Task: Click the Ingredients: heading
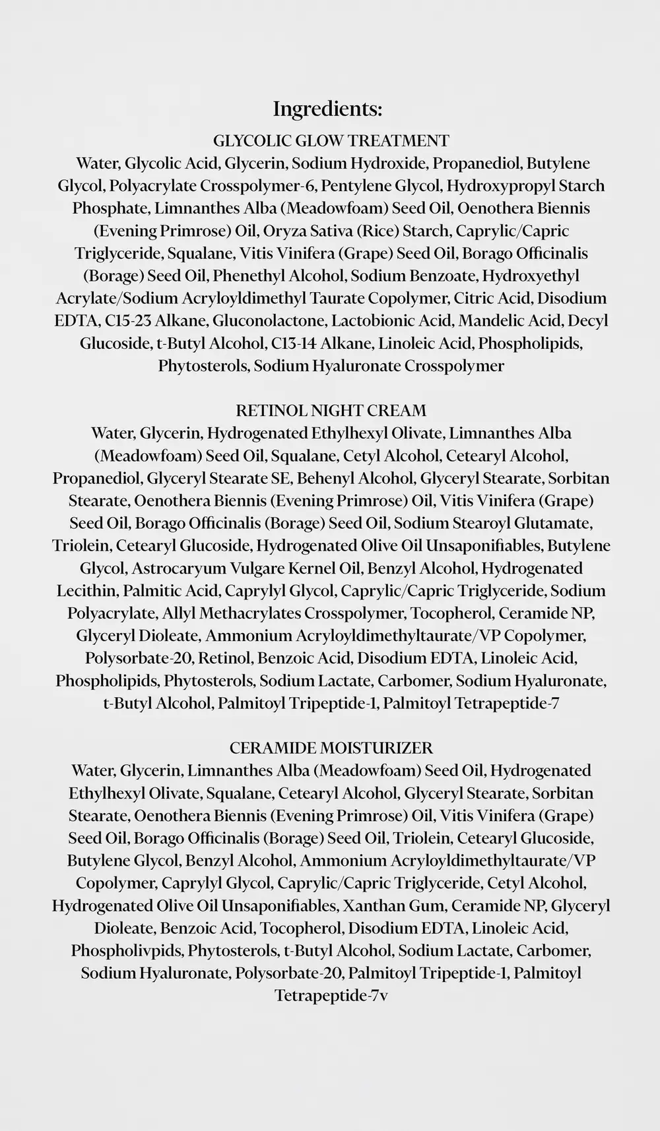[327, 109]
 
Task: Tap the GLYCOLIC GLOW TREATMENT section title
[331, 140]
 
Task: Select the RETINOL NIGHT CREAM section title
[331, 410]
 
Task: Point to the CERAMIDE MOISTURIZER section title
[331, 748]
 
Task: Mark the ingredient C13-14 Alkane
[322, 343]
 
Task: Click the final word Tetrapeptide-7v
[331, 995]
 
